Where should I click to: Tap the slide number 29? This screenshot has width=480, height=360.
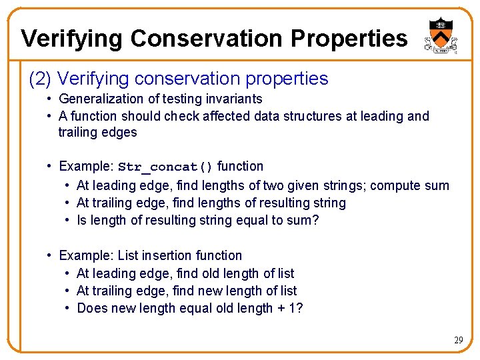coord(458,340)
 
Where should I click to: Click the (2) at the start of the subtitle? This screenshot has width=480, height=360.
coord(40,79)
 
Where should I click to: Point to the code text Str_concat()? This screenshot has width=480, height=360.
coord(165,167)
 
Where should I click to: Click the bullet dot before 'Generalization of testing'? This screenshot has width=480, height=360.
coord(50,99)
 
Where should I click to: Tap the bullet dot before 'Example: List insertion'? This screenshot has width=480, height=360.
coord(50,255)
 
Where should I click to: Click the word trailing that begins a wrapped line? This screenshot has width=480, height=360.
coord(77,132)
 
